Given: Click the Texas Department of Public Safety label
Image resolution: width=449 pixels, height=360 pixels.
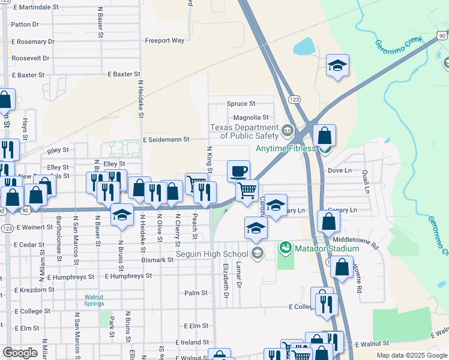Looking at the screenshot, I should click(x=243, y=131).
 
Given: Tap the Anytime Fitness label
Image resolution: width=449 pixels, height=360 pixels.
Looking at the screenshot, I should click(x=285, y=148).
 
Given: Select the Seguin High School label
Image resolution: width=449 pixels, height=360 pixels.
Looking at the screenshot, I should click(x=212, y=254).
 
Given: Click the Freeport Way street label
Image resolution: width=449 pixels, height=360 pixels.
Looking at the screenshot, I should click(x=164, y=41).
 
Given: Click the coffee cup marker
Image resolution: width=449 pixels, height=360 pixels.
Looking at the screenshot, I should click(x=238, y=171).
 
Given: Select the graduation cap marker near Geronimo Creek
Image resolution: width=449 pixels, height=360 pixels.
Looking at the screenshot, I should click(x=337, y=66).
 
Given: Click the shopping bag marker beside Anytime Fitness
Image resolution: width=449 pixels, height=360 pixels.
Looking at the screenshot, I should click(x=324, y=136).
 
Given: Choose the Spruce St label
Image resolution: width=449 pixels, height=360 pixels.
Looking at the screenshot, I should click(x=241, y=104).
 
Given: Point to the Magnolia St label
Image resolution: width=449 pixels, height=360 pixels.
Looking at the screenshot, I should click(x=251, y=118).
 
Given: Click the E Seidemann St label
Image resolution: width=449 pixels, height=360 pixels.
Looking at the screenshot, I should click(x=166, y=139).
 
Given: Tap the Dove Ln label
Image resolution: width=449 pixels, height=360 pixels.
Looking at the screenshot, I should click(x=340, y=170).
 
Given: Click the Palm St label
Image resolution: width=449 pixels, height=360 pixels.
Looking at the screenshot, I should click(x=196, y=293).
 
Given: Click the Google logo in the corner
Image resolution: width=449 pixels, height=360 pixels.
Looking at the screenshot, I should click(x=20, y=353).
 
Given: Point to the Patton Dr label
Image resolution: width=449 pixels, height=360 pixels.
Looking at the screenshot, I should click(x=25, y=25).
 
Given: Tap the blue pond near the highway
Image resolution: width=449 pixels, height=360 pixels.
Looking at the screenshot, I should click(x=304, y=46).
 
